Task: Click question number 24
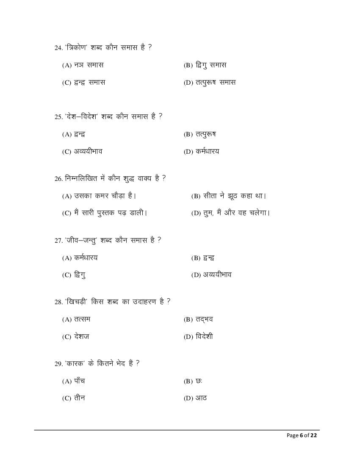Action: (x=58, y=48)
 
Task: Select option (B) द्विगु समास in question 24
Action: (x=205, y=65)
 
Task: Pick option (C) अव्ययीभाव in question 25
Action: (x=82, y=151)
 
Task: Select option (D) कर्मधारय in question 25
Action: (x=202, y=151)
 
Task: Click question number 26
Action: (x=58, y=179)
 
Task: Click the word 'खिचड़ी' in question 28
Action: (x=76, y=302)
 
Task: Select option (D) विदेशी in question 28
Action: (x=198, y=337)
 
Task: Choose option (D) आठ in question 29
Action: (x=195, y=398)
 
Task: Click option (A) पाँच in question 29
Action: (x=74, y=381)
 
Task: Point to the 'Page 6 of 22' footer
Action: (x=302, y=435)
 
